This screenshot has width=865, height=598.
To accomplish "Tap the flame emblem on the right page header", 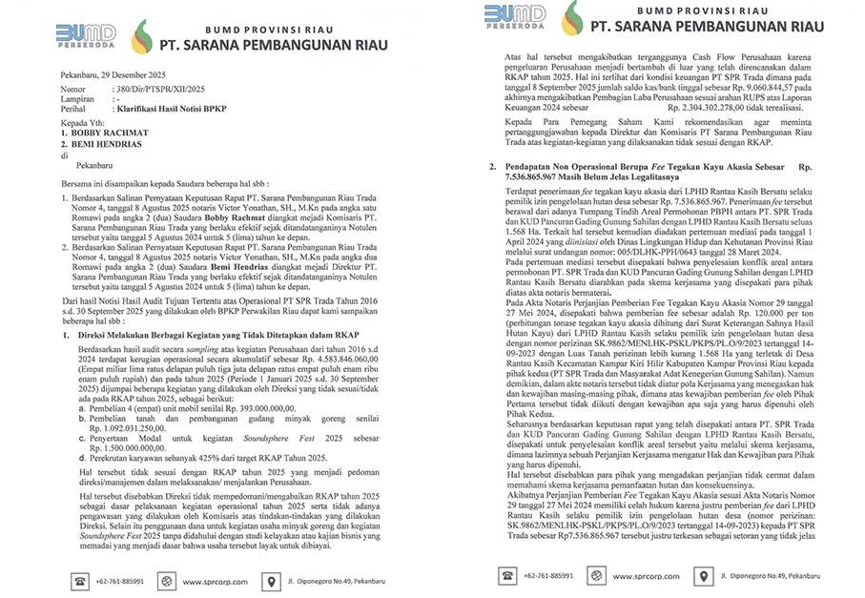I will pos(571,18).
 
